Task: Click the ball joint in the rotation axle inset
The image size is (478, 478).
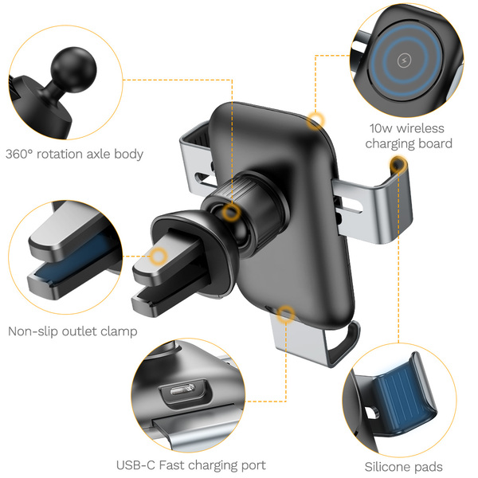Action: pos(73,70)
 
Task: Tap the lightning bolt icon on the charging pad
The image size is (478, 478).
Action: pos(405,61)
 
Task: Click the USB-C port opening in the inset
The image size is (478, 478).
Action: pos(182,390)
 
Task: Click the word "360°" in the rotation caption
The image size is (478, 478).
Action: pos(19,154)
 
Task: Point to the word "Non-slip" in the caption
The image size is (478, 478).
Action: pos(33,331)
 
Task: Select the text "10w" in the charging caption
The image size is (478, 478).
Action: pos(381,128)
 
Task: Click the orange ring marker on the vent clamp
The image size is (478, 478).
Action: pos(159,256)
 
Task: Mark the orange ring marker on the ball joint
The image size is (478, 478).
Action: pos(231,212)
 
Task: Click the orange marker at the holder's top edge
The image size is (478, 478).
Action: pos(315,120)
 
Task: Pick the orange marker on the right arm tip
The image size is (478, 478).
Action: pos(398,165)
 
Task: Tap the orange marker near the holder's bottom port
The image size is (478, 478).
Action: pos(286,314)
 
